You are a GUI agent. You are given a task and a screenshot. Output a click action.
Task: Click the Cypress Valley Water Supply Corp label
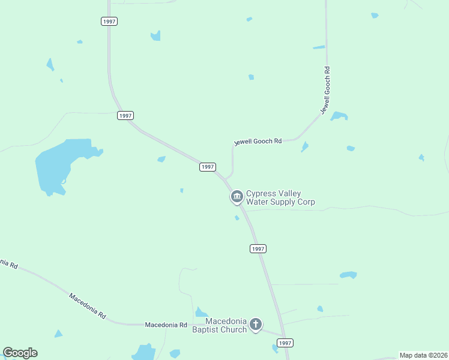point(280,198)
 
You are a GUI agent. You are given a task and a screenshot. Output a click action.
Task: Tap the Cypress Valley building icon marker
point(237,196)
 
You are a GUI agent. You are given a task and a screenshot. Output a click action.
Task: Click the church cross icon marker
point(256,325)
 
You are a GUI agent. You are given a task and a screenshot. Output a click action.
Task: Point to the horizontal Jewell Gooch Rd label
point(258,142)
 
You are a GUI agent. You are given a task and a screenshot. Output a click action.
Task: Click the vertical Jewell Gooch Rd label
point(326,91)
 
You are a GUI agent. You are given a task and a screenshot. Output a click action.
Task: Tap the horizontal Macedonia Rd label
point(166,325)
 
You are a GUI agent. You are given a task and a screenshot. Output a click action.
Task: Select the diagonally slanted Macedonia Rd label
point(87,305)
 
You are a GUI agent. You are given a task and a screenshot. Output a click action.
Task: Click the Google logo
point(20,353)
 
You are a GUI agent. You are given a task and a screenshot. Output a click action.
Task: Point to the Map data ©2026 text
point(424,355)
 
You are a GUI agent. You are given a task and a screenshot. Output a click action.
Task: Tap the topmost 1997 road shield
point(109,21)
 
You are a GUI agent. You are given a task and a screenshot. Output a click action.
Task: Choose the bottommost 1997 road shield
point(285,343)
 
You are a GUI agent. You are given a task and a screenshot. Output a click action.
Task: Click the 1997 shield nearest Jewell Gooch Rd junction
point(207,167)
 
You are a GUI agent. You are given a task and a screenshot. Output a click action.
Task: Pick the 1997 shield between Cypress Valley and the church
point(258,248)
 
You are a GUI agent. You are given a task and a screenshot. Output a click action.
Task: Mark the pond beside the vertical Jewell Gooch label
point(339,116)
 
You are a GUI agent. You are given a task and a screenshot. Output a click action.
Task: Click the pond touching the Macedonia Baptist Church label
point(200,313)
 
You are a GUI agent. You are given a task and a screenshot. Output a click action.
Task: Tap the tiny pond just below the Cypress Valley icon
point(237,217)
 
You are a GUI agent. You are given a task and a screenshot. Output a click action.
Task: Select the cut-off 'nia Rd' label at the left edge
point(8,263)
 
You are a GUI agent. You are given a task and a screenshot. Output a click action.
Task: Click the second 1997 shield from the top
point(125,115)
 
